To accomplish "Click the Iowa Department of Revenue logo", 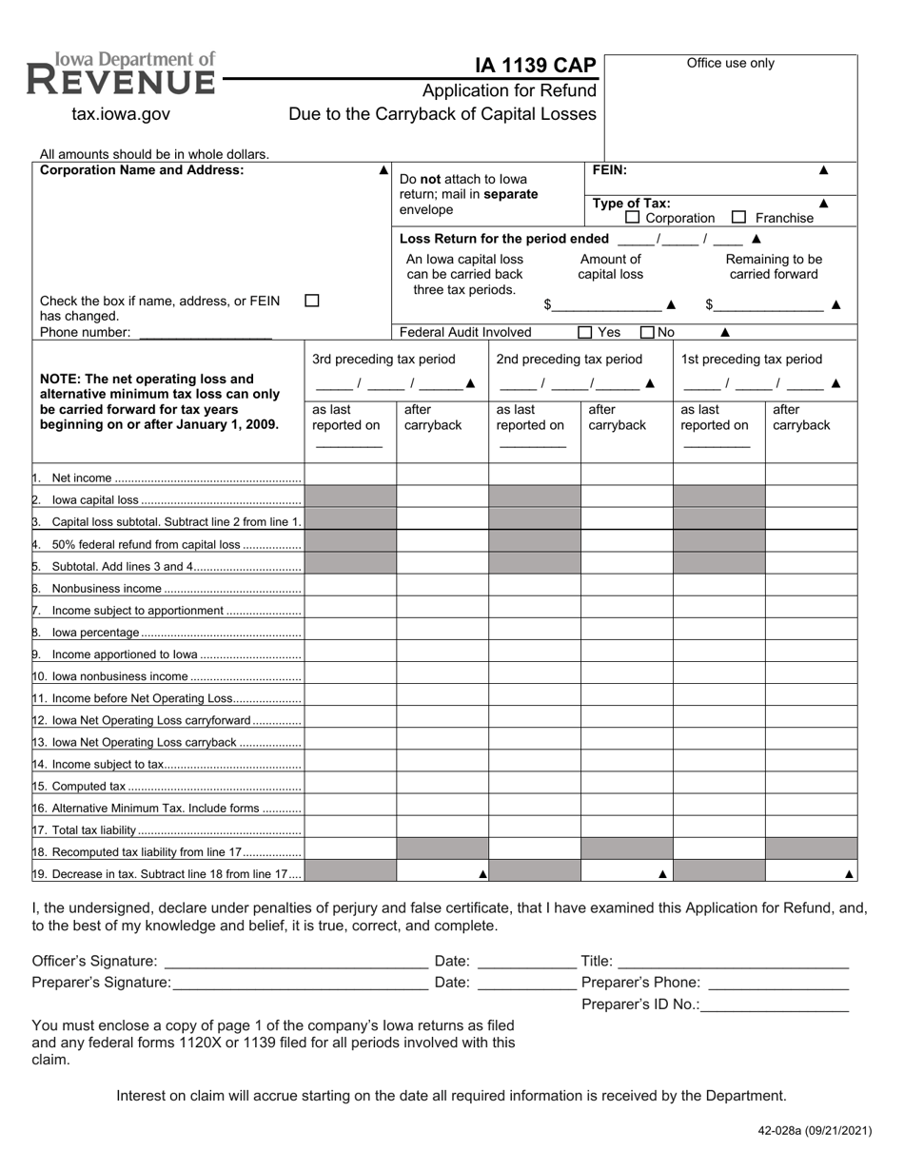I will coord(121,74).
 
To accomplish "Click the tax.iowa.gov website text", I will coord(121,114).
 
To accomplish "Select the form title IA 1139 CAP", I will coord(536,65).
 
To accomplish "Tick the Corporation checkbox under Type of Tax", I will coord(633,218).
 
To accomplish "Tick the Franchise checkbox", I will coord(739,218).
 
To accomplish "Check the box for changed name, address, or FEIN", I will coord(311,301).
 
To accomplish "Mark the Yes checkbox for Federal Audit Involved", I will coord(585,332).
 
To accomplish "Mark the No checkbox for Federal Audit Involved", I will coord(647,332).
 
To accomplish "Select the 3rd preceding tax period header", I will coord(383,359).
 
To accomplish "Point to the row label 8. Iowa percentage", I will coord(95,633).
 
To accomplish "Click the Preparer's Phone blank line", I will coord(778,983).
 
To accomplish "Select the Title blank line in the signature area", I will coord(733,962).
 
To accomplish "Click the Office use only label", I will coord(730,64).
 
